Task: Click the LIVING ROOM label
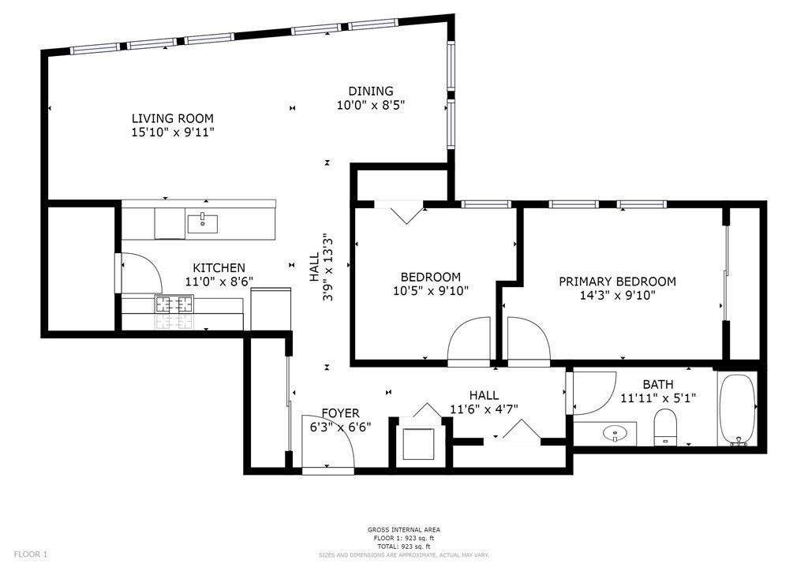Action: click(x=172, y=118)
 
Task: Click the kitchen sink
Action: click(x=203, y=222)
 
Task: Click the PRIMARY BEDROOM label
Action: click(x=617, y=282)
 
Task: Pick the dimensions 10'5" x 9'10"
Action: click(x=431, y=291)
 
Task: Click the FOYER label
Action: click(x=340, y=413)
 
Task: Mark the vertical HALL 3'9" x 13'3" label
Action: click(x=320, y=276)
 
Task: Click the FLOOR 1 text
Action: click(x=31, y=554)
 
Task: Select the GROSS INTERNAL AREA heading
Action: click(x=403, y=529)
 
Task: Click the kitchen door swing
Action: click(x=140, y=272)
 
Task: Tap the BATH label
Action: click(x=657, y=384)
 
